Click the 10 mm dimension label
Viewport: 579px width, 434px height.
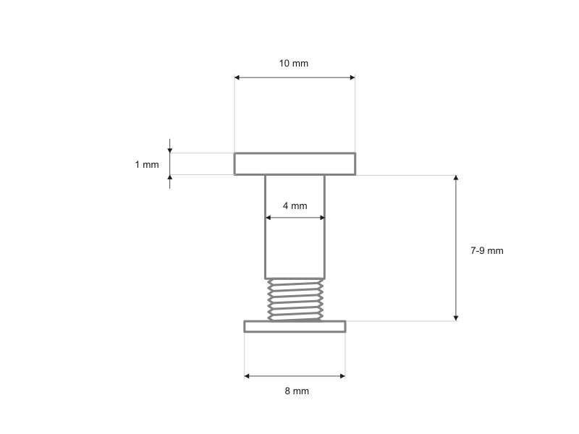[294, 64]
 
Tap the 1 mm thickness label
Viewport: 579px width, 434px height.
[147, 165]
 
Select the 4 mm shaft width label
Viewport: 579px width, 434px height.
[295, 206]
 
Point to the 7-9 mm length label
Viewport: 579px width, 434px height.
[486, 251]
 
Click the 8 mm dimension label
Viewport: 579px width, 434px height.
[297, 391]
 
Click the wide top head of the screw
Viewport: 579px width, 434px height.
[295, 164]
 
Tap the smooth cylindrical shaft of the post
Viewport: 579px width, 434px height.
[295, 227]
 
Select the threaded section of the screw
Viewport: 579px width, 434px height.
[295, 299]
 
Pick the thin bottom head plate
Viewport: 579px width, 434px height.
[295, 327]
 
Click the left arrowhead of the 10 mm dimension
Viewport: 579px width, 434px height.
[237, 77]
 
